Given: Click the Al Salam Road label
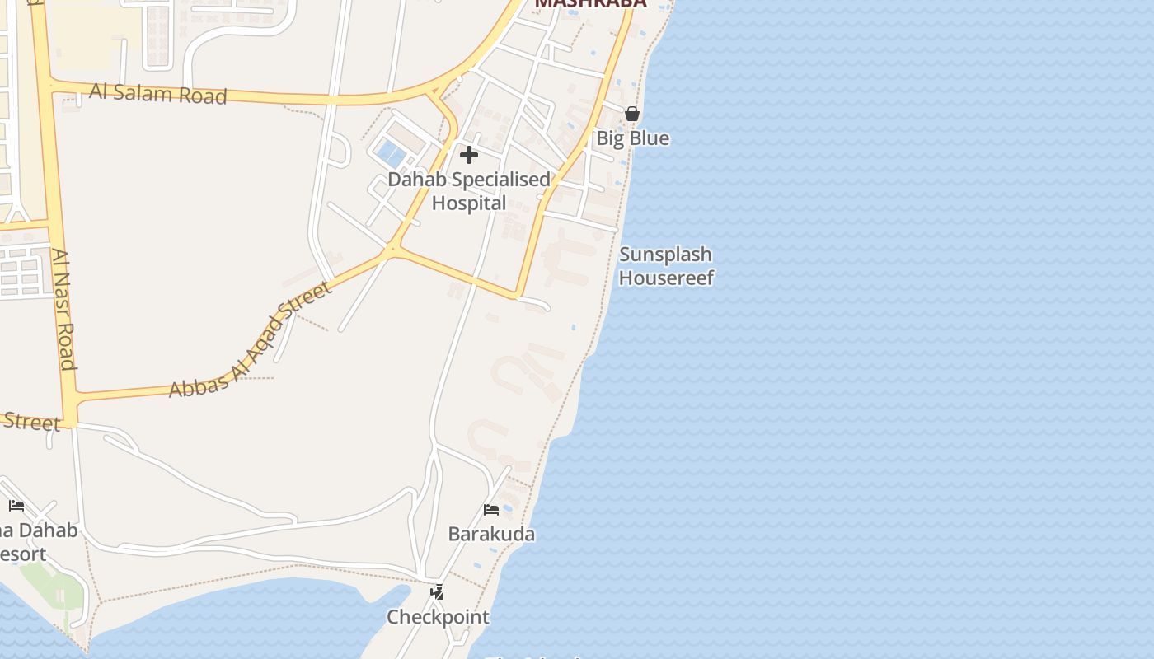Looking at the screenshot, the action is pos(157,93).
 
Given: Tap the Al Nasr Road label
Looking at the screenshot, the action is pos(63,309).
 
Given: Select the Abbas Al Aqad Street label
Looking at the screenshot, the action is pos(251,339).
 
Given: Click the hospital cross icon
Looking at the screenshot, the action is pos(468,155).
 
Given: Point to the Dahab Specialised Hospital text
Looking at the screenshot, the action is pos(469,190).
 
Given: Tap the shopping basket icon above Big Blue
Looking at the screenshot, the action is pos(632,115).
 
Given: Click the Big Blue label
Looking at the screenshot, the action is pos(632,138).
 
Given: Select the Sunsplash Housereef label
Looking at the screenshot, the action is pos(666,266).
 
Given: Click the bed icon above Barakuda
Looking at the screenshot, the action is pos(491,510).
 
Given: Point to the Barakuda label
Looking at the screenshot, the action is pos(491,534).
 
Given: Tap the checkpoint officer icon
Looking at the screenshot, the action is pos(438,591).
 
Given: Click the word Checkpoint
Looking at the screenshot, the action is pos(438,617).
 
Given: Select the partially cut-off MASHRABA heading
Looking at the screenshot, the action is pos(590,3).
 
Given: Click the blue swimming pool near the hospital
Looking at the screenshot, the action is pos(391,154).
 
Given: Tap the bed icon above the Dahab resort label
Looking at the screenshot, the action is pos(16,506).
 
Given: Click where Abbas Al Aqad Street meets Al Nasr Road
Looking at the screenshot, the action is pos(71,401).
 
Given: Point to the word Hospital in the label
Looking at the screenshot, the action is pos(469,203).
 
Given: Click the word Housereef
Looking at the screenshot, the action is pos(666,278).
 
